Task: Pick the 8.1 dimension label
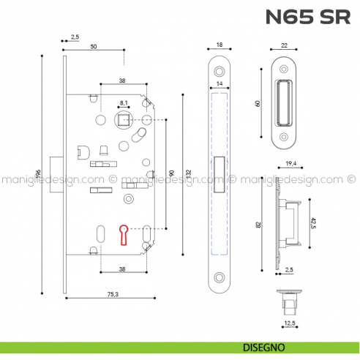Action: click(123, 103)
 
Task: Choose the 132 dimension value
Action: click(188, 173)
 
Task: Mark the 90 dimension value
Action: click(170, 173)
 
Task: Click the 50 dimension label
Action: click(94, 46)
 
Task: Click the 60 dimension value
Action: click(258, 103)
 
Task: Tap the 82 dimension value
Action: click(258, 225)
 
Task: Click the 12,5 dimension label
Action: click(290, 321)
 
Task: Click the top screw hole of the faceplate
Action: click(219, 71)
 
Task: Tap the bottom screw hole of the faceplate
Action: click(219, 278)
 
